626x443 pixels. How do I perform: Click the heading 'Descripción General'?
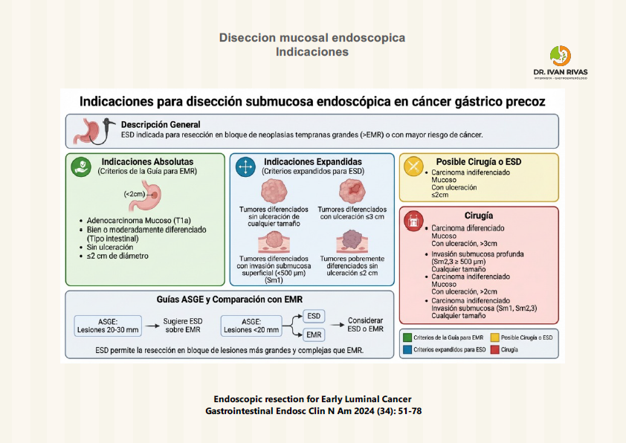161,124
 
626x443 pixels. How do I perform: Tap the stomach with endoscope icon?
92,131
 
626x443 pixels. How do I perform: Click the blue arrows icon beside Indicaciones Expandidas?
245,166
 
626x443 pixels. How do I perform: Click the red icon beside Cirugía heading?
413,220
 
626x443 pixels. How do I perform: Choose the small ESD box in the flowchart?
314,316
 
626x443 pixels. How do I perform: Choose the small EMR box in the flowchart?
314,336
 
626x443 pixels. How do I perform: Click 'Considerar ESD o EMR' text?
366,326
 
